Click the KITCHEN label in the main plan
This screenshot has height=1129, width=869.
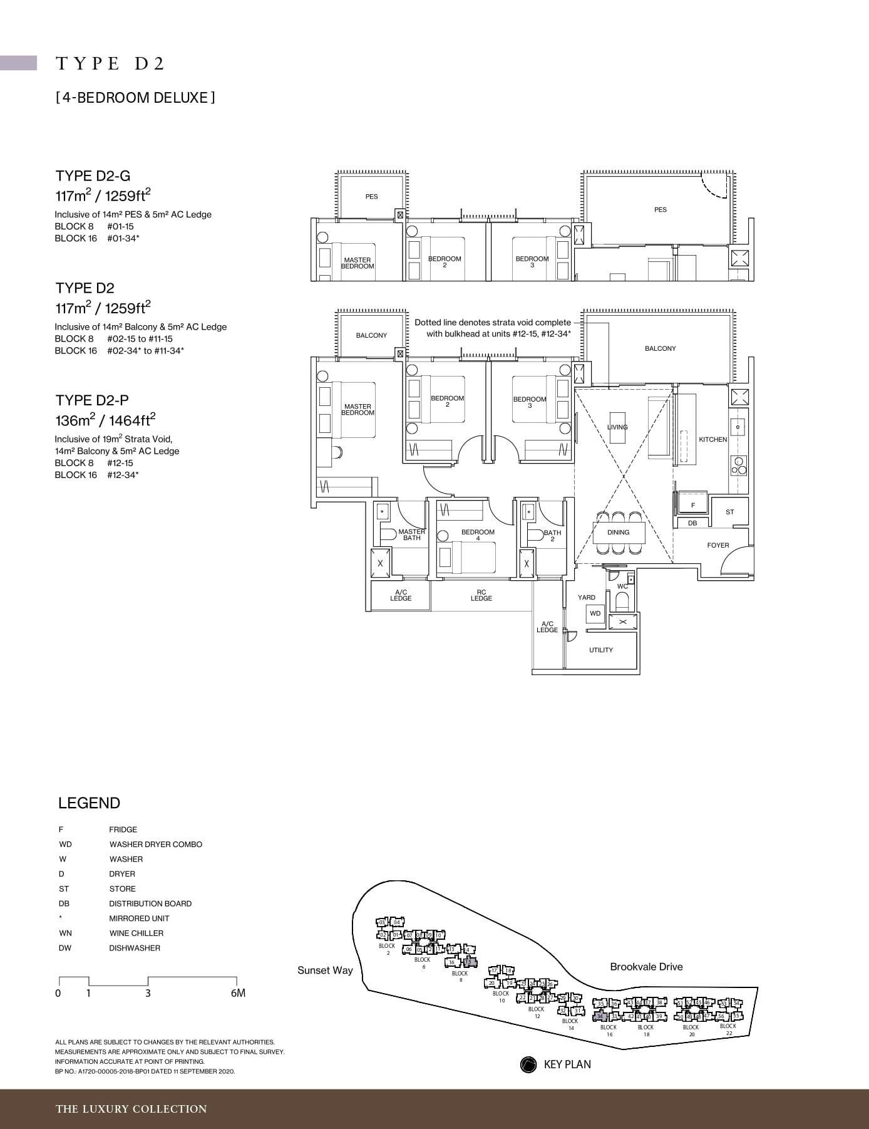(712, 439)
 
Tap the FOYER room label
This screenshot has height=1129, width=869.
(717, 545)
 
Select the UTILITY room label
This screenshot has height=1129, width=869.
(600, 650)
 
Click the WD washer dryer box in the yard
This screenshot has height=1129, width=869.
(595, 613)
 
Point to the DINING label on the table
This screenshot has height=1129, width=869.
(618, 532)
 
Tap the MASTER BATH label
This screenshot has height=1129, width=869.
(411, 534)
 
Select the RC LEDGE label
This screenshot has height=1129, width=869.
(481, 595)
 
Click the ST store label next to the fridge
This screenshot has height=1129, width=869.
(729, 512)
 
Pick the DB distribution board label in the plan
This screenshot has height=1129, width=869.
(692, 523)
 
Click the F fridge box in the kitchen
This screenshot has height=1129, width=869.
(692, 505)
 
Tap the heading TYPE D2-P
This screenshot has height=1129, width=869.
(93, 400)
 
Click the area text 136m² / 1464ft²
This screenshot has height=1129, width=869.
(105, 419)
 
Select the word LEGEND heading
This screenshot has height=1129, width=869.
(89, 803)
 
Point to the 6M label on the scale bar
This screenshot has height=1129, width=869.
(238, 993)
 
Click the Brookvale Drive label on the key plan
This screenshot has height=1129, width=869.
(646, 967)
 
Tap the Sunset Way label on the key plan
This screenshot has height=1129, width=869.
(325, 970)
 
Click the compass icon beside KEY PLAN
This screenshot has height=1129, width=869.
(528, 1064)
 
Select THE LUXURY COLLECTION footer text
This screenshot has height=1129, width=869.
(131, 1109)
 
